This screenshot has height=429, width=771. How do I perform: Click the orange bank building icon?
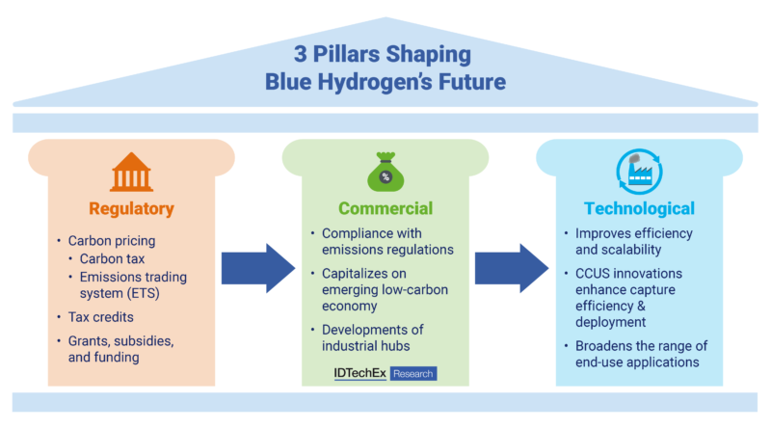(131, 172)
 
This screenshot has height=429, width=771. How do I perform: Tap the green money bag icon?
(385, 172)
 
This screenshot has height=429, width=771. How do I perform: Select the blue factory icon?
(639, 172)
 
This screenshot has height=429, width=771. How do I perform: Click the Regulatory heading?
(131, 208)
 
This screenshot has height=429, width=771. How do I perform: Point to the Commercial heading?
(385, 208)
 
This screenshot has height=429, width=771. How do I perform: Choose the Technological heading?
(639, 208)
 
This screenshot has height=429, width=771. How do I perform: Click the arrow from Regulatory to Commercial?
(258, 269)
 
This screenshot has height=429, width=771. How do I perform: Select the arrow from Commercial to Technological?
(512, 269)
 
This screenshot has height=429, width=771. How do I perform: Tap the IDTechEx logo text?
(359, 373)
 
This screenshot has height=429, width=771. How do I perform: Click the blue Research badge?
(413, 373)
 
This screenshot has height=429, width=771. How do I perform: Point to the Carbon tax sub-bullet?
(112, 258)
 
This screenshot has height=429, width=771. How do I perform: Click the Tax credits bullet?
(101, 317)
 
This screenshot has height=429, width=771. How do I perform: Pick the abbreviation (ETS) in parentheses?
(143, 294)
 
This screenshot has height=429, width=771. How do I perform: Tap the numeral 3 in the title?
(300, 54)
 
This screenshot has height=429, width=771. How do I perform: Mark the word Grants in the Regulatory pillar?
(86, 341)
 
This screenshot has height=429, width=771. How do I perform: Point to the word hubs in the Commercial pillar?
(396, 346)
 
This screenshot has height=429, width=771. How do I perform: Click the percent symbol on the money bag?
(385, 176)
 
